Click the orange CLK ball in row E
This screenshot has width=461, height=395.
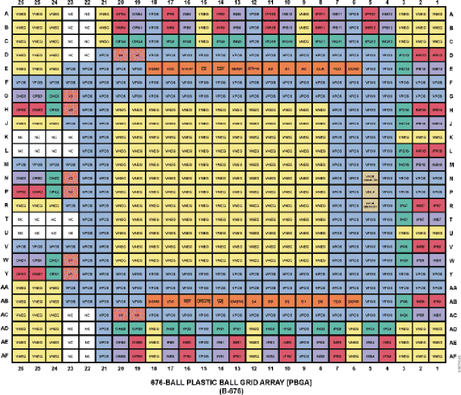pyautogui.click(x=320, y=68)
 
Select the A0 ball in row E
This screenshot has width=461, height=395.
pyautogui.click(x=304, y=68)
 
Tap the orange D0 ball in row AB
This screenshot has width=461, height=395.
pyautogui.click(x=320, y=301)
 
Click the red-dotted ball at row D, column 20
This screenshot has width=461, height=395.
pyautogui.click(x=121, y=54)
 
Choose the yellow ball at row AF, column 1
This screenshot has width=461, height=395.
pyautogui.click(x=437, y=354)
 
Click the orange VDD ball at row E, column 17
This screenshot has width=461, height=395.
pyautogui.click(x=171, y=68)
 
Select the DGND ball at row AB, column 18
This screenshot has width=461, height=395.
pyautogui.click(x=154, y=301)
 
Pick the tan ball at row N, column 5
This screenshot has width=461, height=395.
pyautogui.click(x=370, y=179)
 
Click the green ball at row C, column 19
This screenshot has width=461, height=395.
pyautogui.click(x=137, y=41)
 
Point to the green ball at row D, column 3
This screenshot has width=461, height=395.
pyautogui.click(x=404, y=54)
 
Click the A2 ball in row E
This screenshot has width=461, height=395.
pyautogui.click(x=270, y=68)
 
